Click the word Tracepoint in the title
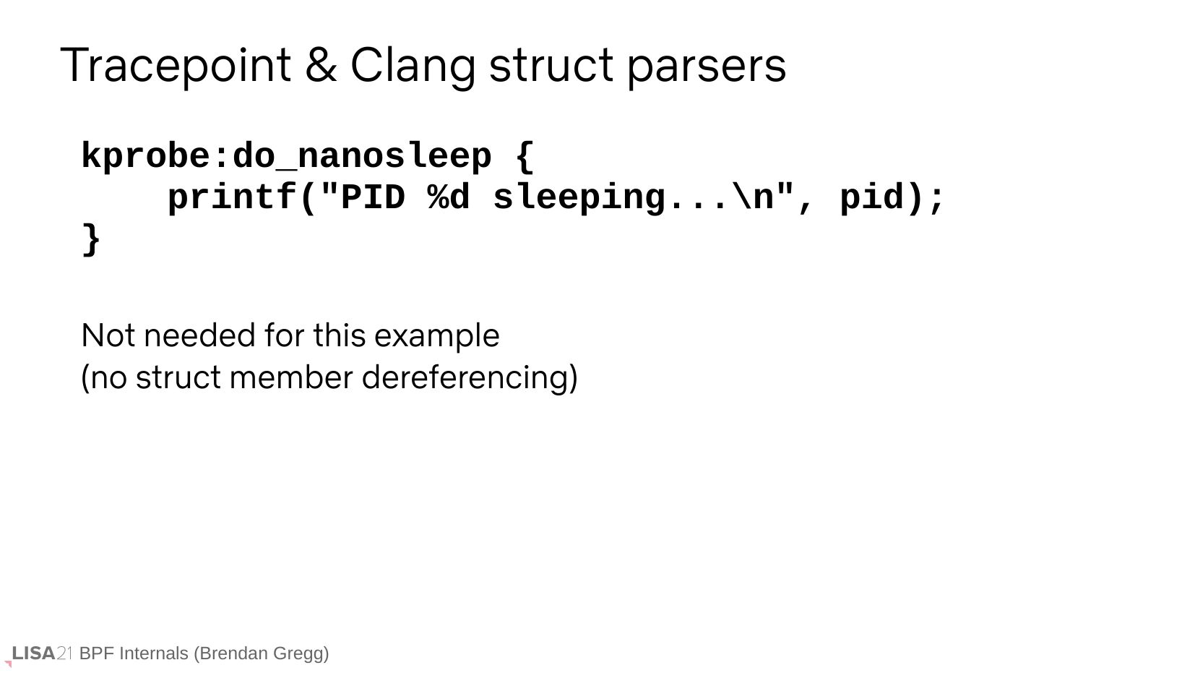[x=176, y=66]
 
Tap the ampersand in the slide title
[x=322, y=64]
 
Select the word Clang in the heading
[x=413, y=67]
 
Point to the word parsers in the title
[x=707, y=67]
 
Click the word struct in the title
[x=551, y=67]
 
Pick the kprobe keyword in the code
[x=145, y=156]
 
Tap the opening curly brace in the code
[x=525, y=156]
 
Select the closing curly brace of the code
[x=91, y=239]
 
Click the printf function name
[x=233, y=197]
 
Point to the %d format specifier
[x=449, y=197]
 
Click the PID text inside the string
[x=372, y=197]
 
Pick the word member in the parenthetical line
[x=290, y=378]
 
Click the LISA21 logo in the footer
[x=38, y=654]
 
